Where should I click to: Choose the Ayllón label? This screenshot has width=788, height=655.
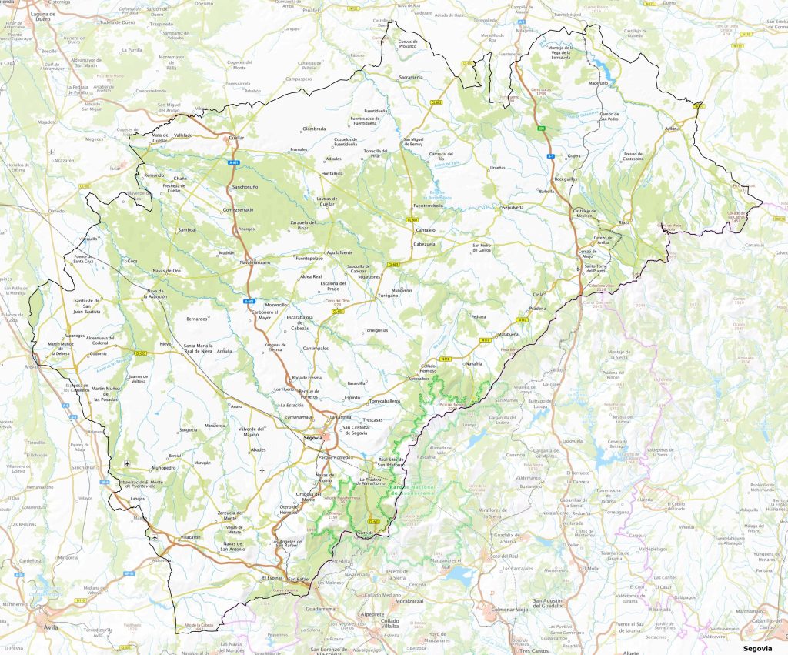(674, 129)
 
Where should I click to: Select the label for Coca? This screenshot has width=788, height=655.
(132, 262)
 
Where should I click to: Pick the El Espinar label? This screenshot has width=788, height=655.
(273, 577)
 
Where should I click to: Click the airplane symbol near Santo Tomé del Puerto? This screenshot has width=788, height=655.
(579, 269)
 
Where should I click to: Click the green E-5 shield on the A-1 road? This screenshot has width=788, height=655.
(541, 129)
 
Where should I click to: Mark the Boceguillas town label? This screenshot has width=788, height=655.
(566, 178)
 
